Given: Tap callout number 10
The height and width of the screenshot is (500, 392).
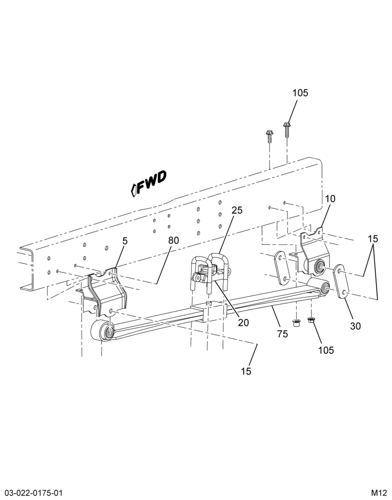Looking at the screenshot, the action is point(330,199).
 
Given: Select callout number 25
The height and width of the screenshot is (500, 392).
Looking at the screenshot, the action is point(237,210).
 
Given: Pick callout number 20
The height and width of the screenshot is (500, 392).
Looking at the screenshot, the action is point(243,322).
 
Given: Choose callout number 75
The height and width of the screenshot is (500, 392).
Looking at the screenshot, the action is point(282,334).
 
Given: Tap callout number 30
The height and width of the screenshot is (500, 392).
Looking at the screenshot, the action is point(355,326).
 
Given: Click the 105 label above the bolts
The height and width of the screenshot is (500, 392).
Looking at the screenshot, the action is point(300,93).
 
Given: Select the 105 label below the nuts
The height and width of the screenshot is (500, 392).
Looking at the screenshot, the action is point(325,350).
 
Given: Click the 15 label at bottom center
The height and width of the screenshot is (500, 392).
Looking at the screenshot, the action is point(246,371).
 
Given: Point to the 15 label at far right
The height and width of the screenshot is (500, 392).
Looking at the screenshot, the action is point(372,238).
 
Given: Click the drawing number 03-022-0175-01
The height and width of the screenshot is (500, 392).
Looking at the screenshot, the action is point(31,491).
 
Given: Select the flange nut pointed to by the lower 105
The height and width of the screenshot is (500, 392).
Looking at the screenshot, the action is point(310,320).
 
